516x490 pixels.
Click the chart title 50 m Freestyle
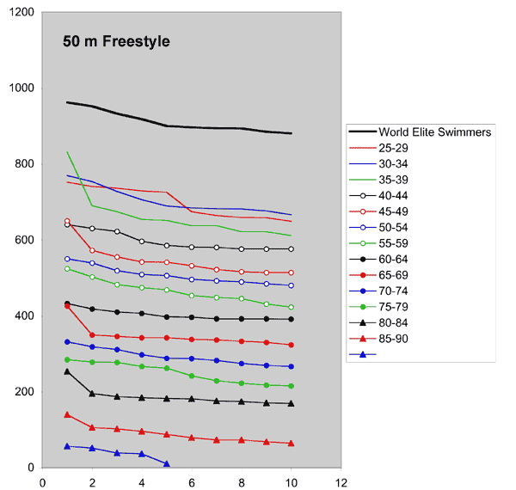116,41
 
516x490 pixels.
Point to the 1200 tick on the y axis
22,13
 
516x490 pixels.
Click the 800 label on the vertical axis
26,164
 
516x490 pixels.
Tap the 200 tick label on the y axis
26,392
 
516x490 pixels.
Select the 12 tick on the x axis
341,481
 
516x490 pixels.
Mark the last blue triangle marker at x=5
167,464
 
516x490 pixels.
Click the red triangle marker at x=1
67,414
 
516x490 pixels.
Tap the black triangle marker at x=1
67,371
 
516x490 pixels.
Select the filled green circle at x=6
192,376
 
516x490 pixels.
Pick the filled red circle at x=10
292,345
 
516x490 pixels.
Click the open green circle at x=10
292,307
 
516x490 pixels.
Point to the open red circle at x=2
92,251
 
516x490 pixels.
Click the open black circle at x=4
142,242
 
